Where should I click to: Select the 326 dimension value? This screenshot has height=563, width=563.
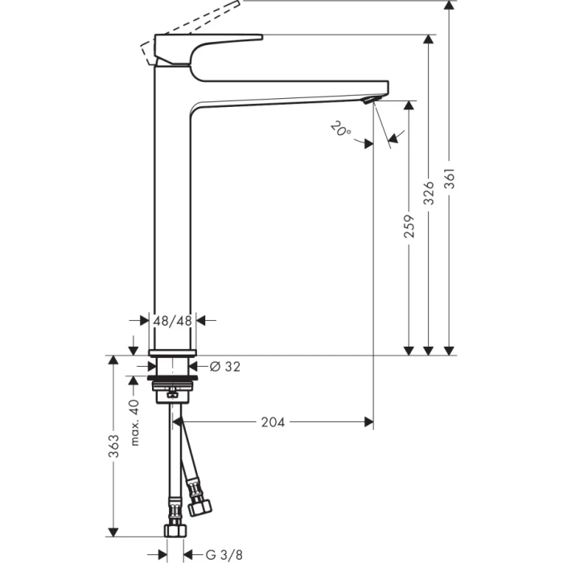tap(429, 193)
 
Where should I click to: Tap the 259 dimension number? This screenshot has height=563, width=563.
tap(409, 228)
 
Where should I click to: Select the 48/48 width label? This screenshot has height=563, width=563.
tap(173, 320)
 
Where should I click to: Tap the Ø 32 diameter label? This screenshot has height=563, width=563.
tap(225, 367)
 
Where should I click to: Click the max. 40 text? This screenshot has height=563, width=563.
tap(135, 423)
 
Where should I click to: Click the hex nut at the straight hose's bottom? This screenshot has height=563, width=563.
tap(172, 530)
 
